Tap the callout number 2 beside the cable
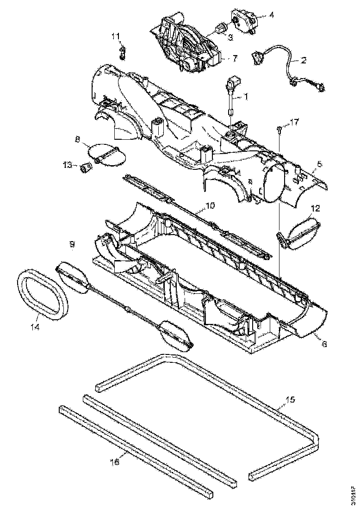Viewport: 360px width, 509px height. click(x=304, y=60)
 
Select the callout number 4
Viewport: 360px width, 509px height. click(x=271, y=15)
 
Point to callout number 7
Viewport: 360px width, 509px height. click(x=235, y=58)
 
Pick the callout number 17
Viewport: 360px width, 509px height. click(x=294, y=122)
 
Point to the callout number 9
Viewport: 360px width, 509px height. click(x=73, y=243)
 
